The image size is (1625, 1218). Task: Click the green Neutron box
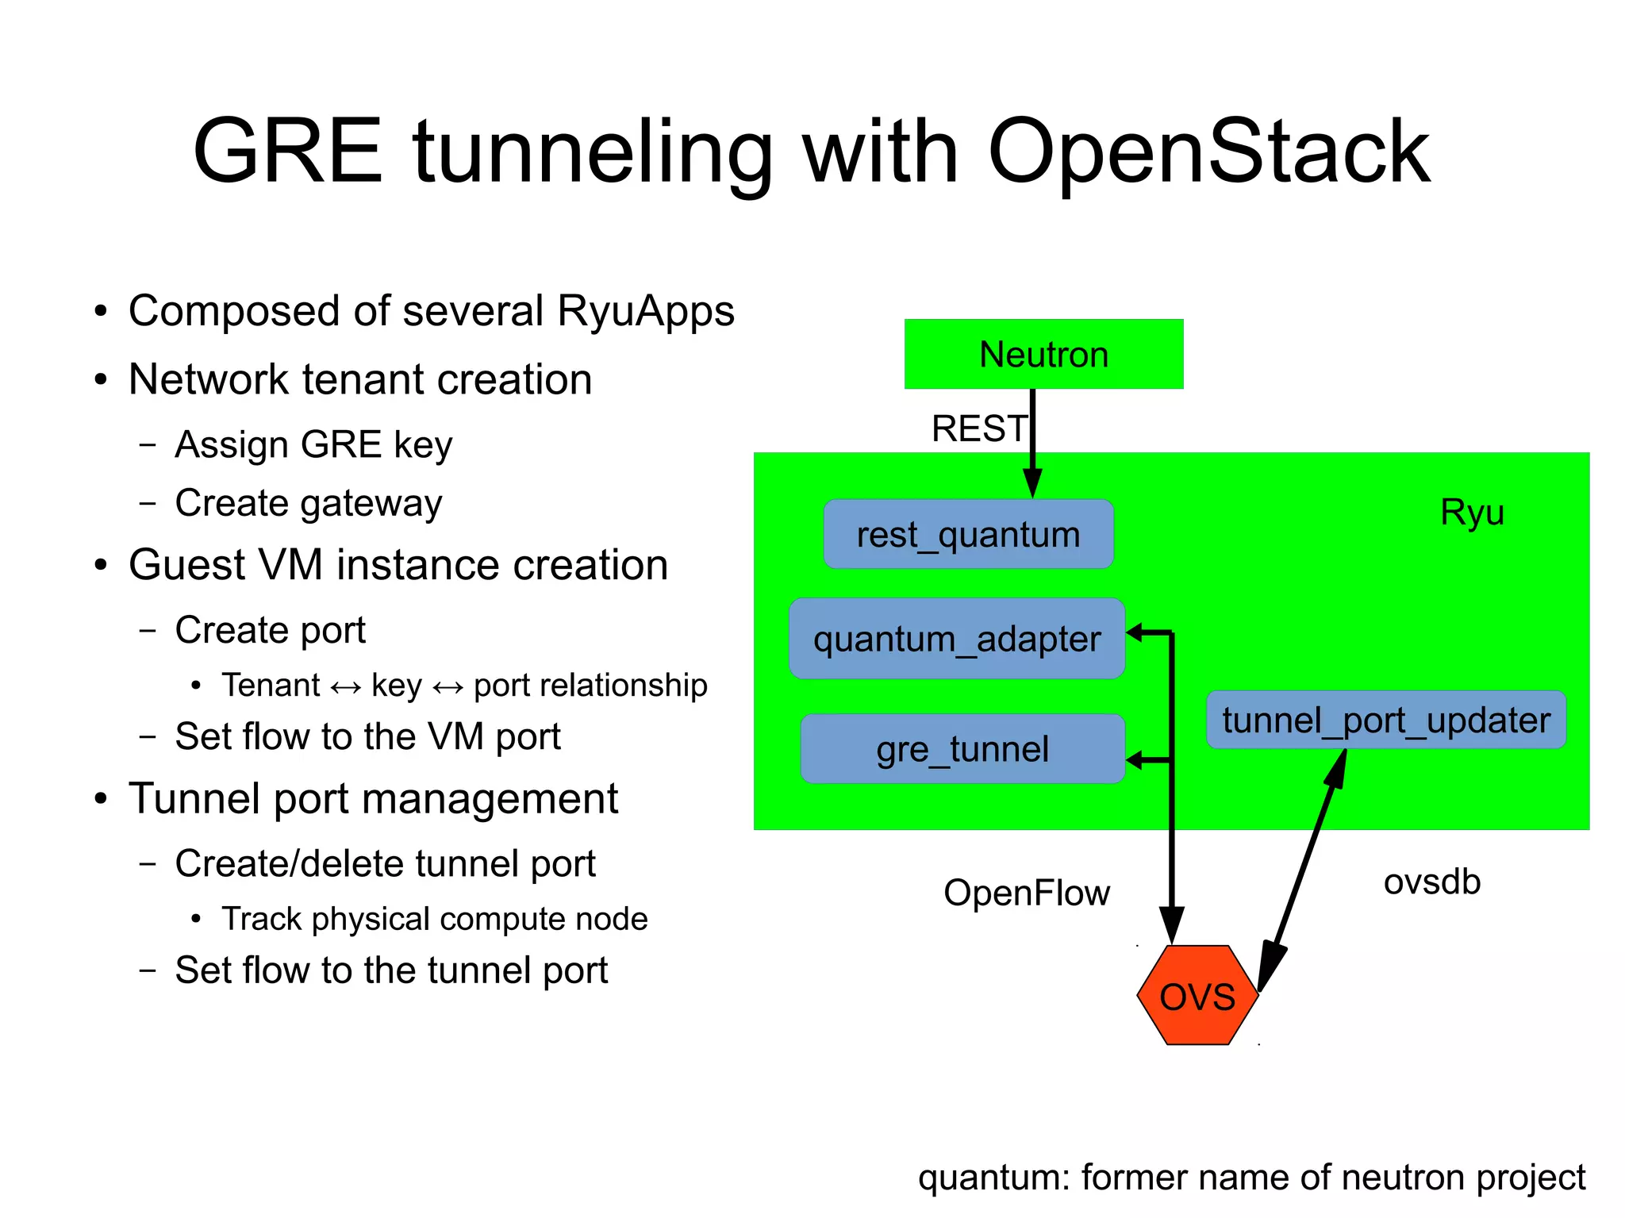pos(1043,354)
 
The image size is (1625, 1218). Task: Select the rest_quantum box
pos(968,534)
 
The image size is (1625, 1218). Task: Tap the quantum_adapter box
pos(957,639)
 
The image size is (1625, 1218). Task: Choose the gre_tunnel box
pos(962,749)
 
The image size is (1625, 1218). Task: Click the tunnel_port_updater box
pos(1385,720)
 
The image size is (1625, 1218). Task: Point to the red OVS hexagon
pos(1197,996)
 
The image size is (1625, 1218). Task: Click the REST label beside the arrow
pos(979,428)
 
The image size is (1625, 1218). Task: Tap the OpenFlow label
pos(1026,893)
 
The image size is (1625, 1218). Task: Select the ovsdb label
pos(1431,882)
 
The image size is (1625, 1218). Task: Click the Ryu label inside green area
pos(1472,512)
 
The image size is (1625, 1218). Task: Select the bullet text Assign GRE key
pos(313,444)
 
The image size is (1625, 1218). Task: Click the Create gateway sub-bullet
pos(308,503)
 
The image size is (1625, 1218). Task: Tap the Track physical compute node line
pos(434,919)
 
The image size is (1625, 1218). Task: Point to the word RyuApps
pos(645,310)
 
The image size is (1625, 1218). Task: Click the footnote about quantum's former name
pos(1251,1178)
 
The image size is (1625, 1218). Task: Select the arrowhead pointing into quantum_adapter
pos(1135,632)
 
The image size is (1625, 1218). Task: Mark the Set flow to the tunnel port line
pos(391,970)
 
